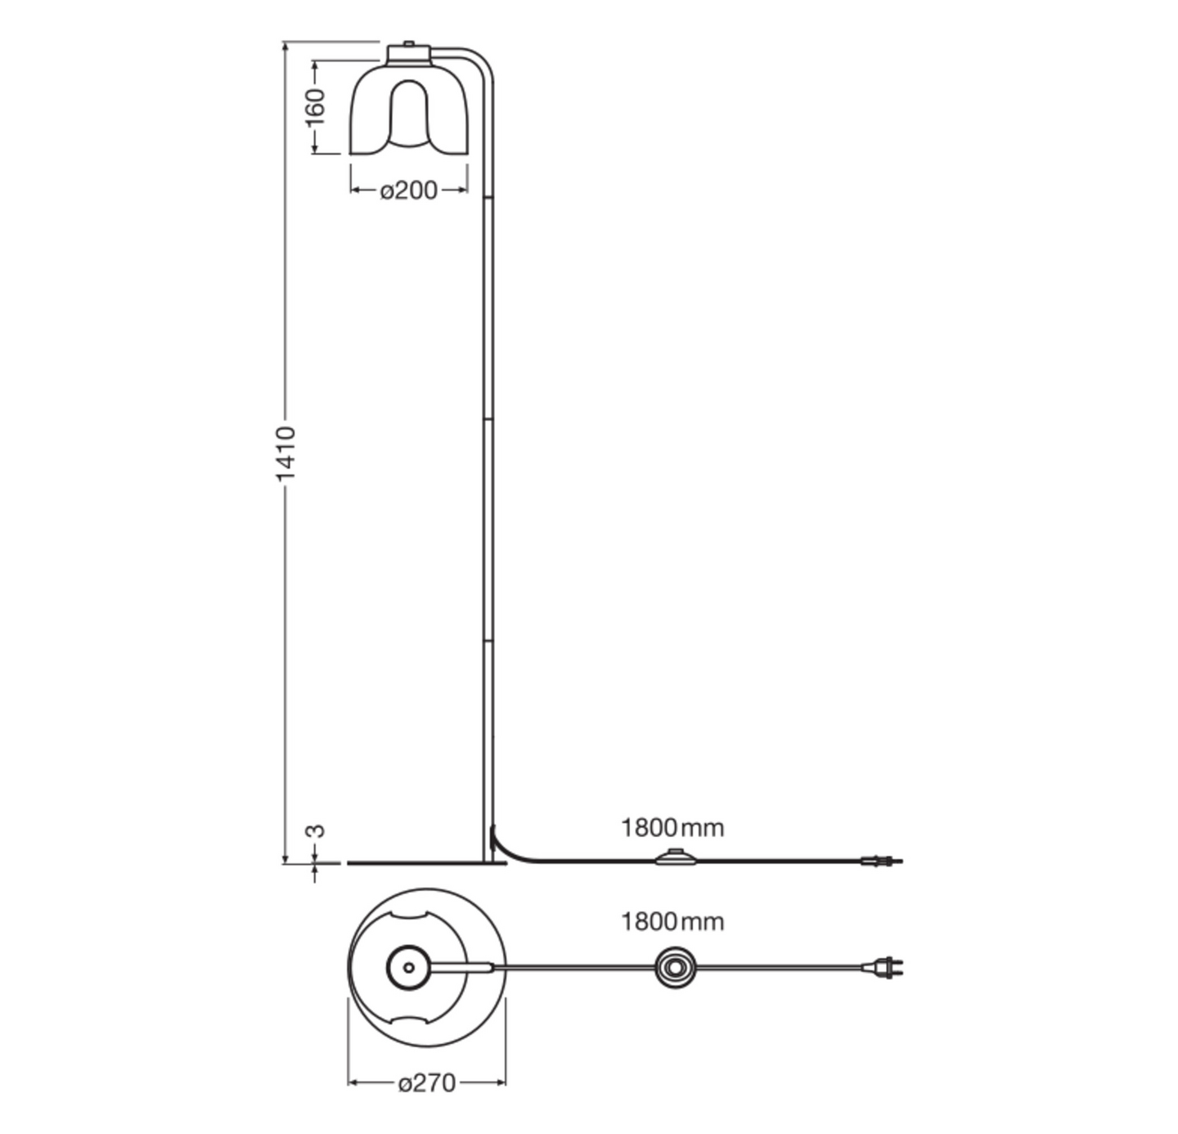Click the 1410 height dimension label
click(x=285, y=452)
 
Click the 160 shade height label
click(x=315, y=106)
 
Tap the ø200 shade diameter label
click(x=409, y=191)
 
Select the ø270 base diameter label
click(x=426, y=1083)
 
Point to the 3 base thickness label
click(x=315, y=830)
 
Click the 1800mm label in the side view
click(x=672, y=828)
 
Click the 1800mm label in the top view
click(x=672, y=922)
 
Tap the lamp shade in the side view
click(x=409, y=110)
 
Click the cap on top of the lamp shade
click(x=409, y=52)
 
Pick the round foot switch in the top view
click(x=676, y=968)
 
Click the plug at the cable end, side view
click(x=880, y=861)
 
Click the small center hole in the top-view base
click(x=408, y=968)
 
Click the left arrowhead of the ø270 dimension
click(x=353, y=1083)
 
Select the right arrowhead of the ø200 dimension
click(x=463, y=191)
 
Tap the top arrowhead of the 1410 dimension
click(x=286, y=47)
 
